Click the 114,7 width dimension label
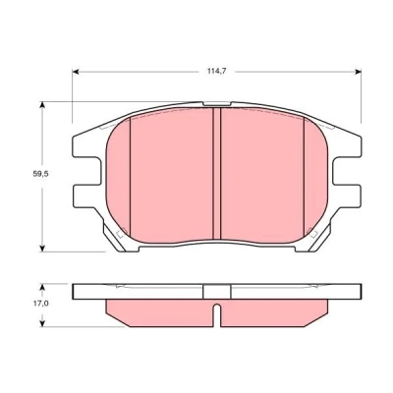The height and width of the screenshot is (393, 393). coord(217,71)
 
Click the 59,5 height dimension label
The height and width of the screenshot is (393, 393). coord(40,174)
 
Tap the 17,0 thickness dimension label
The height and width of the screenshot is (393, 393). coord(40,304)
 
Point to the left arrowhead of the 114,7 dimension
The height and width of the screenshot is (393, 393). coord(76,72)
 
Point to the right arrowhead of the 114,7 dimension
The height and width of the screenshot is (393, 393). coord(358,72)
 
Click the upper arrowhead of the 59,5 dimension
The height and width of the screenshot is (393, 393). coord(41,105)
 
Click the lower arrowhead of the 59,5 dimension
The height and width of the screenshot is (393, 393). coord(41,248)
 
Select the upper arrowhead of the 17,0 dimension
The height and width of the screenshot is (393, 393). coord(41,288)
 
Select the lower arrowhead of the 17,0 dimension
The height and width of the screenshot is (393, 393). coord(41,322)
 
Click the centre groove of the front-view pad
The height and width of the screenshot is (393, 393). coord(217,174)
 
